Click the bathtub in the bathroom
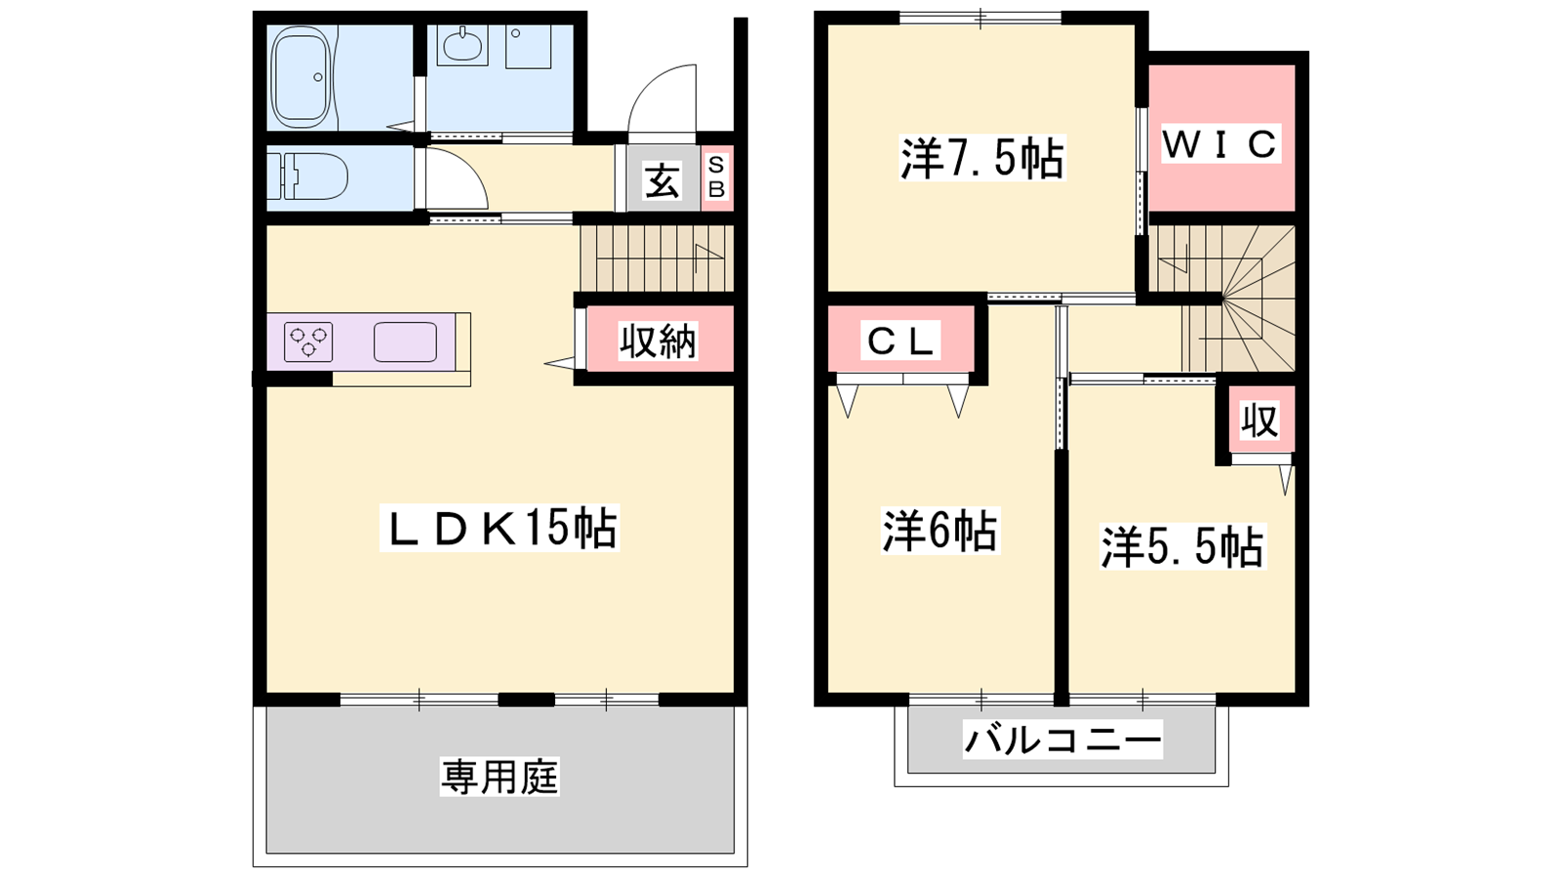300,77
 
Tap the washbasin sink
461,46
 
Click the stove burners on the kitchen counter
308,342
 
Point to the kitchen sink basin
405,342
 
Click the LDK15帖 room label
499,528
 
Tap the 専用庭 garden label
500,777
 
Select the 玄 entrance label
661,181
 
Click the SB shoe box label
716,177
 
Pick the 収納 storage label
659,341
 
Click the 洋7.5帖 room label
981,159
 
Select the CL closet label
901,340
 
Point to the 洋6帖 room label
941,531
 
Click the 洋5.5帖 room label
1182,547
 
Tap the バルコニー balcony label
1062,739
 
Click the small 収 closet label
1261,420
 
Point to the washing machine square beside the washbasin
528,47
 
